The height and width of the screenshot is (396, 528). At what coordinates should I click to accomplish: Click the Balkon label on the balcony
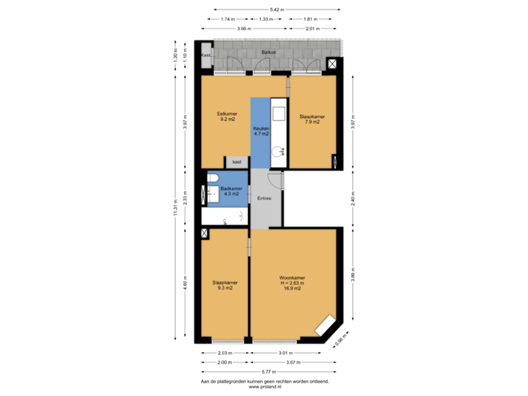[x=270, y=54]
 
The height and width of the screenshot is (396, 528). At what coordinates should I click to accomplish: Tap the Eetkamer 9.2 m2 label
[x=226, y=117]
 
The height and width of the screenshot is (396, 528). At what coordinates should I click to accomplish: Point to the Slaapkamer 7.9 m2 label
[x=312, y=119]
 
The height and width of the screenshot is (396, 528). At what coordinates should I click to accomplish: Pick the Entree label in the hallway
[x=264, y=198]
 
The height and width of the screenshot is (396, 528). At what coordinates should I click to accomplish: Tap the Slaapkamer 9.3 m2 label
[x=224, y=285]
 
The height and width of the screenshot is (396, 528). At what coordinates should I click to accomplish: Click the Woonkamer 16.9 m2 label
[x=291, y=283]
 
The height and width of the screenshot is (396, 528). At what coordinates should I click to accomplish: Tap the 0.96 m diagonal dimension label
[x=340, y=340]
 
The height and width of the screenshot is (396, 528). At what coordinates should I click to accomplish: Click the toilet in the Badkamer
[x=213, y=180]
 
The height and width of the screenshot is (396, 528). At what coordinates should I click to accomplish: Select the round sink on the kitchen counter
[x=279, y=152]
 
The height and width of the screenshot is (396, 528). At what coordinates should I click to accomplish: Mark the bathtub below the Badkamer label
[x=224, y=216]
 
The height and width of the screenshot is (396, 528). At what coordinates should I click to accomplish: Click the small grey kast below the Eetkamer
[x=237, y=162]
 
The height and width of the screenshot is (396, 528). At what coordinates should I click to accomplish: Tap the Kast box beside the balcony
[x=206, y=55]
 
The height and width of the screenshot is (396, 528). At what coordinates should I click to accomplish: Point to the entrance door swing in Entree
[x=274, y=180]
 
